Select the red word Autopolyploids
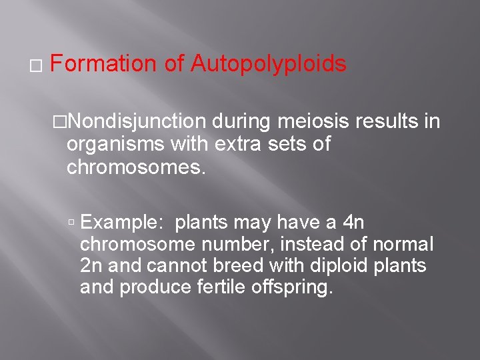click(268, 65)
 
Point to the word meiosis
click(315, 122)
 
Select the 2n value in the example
click(91, 265)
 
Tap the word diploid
click(335, 265)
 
